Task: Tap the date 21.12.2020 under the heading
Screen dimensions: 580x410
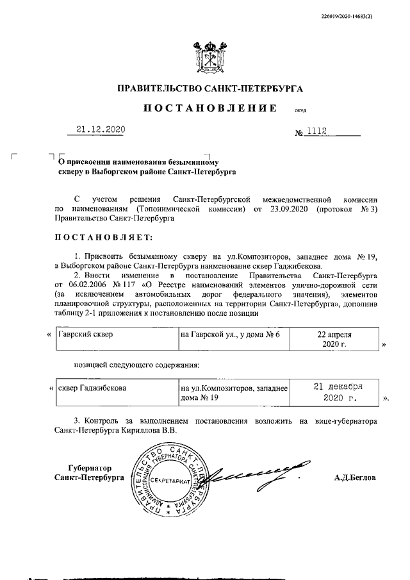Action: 100,129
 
